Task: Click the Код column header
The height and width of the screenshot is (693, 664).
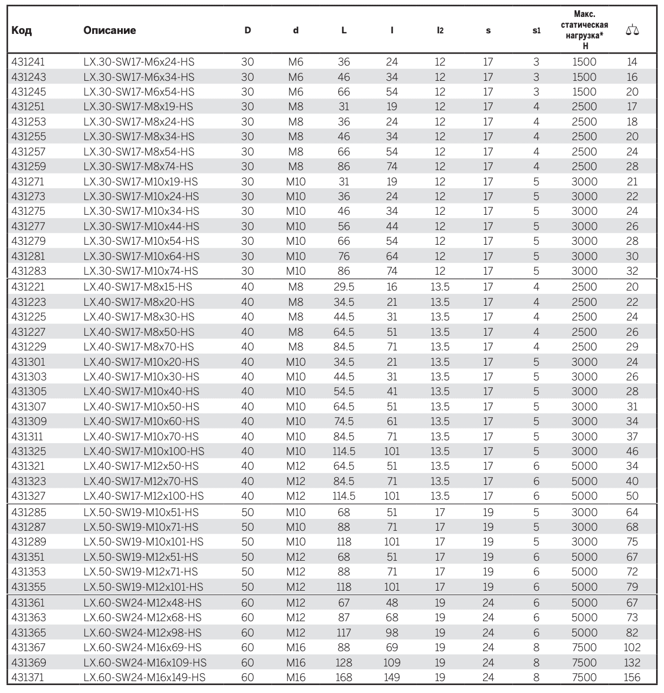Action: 21,31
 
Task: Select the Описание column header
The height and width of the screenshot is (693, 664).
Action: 110,31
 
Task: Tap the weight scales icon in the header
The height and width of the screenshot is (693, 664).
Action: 632,31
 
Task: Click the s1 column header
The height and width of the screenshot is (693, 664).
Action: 536,31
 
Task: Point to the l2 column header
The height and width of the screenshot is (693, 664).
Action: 440,31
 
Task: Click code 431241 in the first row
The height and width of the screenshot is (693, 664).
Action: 28,62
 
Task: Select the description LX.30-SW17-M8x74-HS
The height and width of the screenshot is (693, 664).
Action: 139,167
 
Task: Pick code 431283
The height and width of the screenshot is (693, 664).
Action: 28,271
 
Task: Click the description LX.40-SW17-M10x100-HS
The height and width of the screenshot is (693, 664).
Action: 144,452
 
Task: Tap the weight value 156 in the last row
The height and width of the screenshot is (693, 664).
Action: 632,677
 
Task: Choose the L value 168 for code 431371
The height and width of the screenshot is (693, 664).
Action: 344,677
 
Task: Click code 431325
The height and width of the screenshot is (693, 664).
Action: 28,452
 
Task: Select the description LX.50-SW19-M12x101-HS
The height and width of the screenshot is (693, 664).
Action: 143,587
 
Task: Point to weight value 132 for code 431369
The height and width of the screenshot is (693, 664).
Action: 632,662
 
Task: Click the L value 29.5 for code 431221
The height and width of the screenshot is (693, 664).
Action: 344,287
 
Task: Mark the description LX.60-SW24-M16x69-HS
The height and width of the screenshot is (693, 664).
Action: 143,648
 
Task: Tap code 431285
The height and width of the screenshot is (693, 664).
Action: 28,513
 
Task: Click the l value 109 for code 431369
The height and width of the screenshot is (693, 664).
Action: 392,662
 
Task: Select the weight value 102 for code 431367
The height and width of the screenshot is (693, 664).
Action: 632,648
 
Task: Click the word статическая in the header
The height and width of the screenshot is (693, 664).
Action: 584,25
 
